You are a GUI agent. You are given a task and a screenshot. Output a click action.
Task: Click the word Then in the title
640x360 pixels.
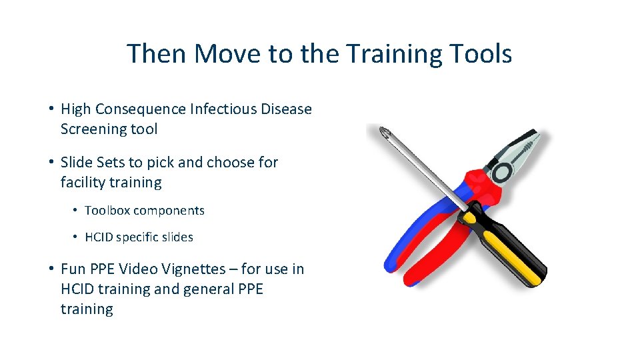click(155, 53)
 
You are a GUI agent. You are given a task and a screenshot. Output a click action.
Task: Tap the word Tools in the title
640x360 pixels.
click(481, 53)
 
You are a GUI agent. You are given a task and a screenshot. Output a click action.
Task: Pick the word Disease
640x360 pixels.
click(287, 109)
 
